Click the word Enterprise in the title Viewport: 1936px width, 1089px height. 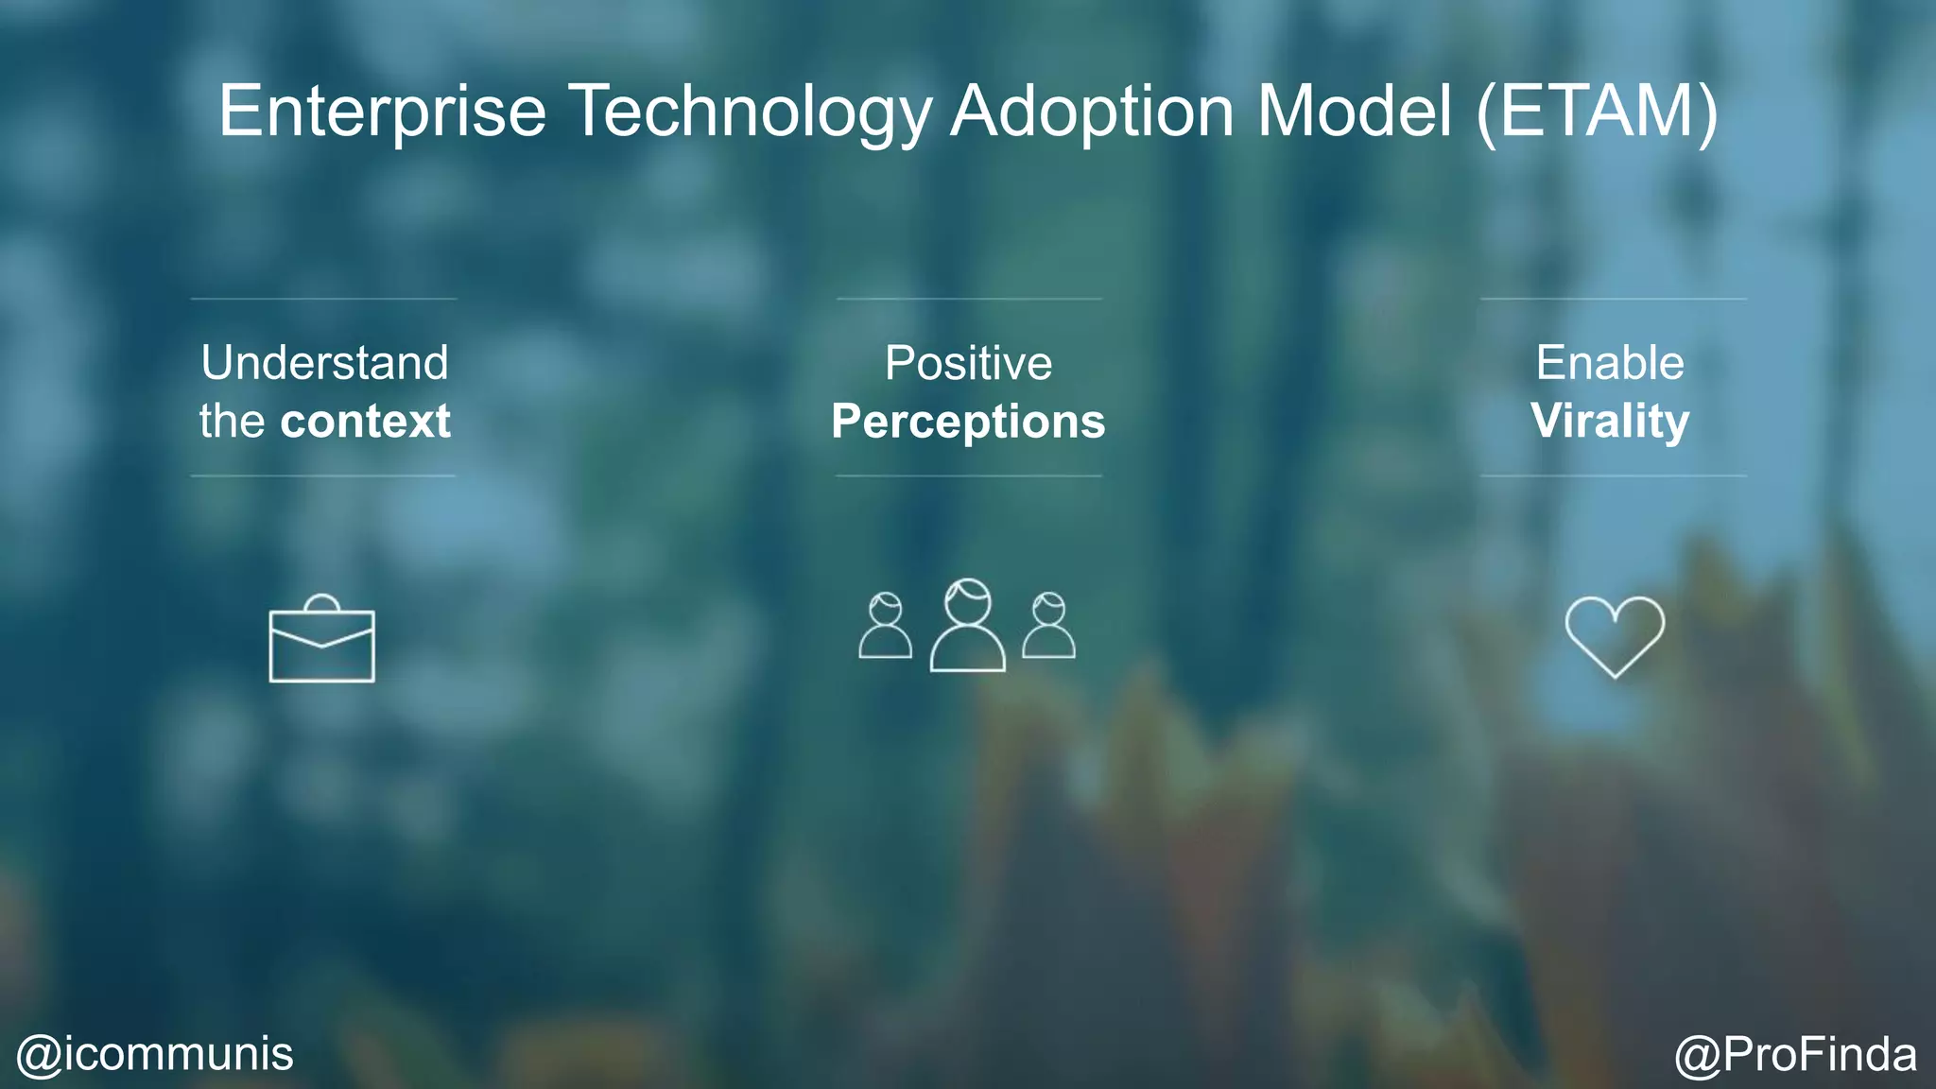(x=382, y=112)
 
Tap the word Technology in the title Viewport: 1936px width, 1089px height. (x=752, y=112)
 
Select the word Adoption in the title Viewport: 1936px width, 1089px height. (x=1092, y=112)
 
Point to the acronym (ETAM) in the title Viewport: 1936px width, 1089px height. (x=1597, y=112)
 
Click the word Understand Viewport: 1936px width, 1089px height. (x=324, y=363)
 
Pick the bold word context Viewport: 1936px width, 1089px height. (x=365, y=422)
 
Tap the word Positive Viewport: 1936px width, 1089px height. (x=968, y=363)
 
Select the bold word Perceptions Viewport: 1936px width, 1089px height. (x=968, y=422)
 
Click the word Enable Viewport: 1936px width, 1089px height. (x=1610, y=363)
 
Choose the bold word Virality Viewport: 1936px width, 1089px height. (x=1610, y=422)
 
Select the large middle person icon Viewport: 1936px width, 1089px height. (x=968, y=626)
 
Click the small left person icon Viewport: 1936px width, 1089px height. (x=886, y=626)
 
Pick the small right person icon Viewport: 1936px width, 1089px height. (x=1048, y=626)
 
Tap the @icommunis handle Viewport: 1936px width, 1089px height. (x=155, y=1054)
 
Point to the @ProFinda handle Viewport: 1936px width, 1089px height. (x=1795, y=1054)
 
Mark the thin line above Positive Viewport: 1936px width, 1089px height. (x=969, y=299)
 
